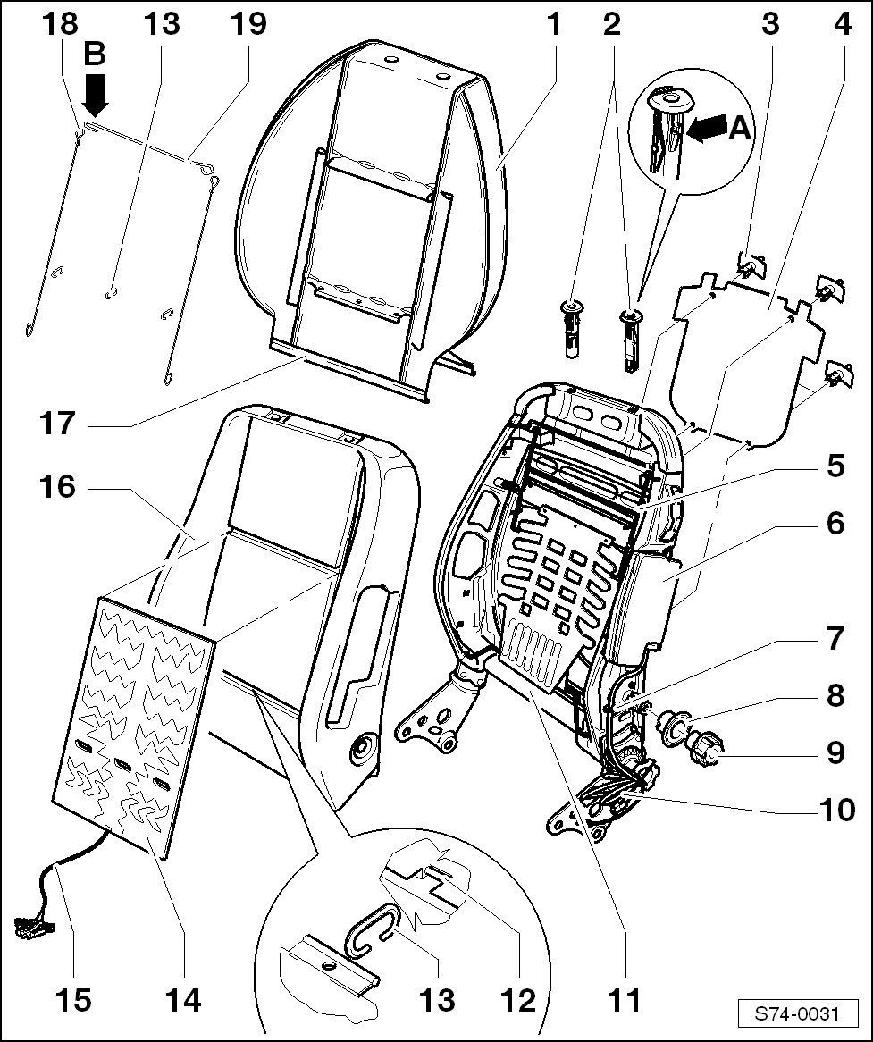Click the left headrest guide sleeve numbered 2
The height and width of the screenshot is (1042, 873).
click(571, 330)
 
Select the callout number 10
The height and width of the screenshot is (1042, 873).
click(835, 811)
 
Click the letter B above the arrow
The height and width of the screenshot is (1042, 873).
click(94, 55)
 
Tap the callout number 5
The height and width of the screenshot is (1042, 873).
click(835, 466)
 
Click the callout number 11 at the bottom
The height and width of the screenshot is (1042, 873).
click(625, 1000)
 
